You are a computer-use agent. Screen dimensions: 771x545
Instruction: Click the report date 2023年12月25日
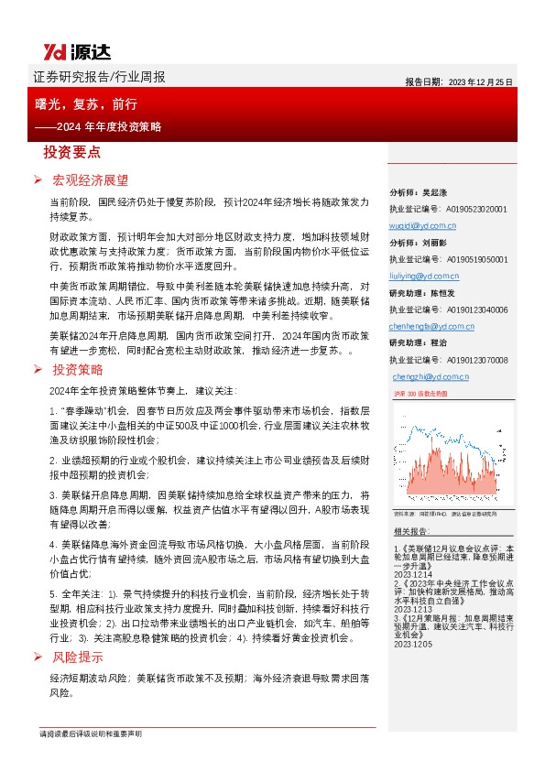point(459,81)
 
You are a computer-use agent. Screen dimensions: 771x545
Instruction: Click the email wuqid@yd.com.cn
point(423,224)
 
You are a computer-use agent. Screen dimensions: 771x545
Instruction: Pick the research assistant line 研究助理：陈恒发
point(423,294)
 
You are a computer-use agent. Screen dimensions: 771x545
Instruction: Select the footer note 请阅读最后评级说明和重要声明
point(92,734)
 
